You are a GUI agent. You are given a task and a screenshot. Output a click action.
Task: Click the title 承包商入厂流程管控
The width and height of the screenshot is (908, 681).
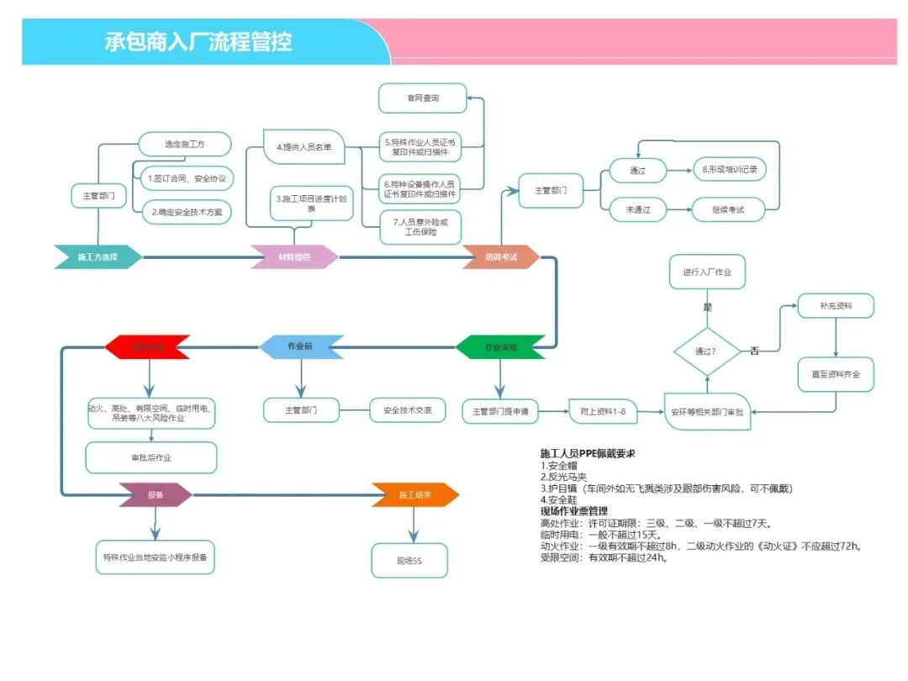point(198,41)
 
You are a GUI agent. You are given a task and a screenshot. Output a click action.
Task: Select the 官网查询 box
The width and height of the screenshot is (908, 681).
point(422,98)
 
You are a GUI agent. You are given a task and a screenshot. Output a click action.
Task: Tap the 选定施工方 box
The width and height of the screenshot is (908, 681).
point(185,145)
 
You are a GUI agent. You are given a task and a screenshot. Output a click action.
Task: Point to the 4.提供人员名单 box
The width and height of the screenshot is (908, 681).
point(304,147)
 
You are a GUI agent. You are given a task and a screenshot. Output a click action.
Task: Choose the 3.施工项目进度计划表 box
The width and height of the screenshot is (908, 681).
point(311,203)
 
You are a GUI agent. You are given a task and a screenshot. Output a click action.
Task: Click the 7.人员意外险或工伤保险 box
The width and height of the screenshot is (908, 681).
point(420,226)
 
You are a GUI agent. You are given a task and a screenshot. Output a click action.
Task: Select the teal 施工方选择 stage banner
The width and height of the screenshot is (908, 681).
point(98,256)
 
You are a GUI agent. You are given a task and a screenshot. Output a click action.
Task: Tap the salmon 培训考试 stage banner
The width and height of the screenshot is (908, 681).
point(501,256)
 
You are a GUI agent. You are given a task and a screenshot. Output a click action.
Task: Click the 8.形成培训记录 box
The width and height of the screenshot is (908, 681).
point(729,170)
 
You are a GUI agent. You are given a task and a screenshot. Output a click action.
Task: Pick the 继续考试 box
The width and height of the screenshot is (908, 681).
point(728,209)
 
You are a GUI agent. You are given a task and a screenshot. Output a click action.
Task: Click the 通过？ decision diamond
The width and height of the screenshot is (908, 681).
point(706,351)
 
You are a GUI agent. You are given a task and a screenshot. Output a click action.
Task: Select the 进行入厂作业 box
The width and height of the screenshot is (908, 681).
point(707,272)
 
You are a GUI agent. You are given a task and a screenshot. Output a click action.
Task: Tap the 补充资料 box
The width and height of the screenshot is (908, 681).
point(836,306)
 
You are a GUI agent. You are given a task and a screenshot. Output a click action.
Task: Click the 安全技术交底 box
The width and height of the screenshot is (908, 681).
point(408,410)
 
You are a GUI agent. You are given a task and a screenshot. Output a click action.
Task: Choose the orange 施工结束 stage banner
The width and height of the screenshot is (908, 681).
point(415,495)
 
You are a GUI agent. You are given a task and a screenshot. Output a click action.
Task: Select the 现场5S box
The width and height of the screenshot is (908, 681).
point(409,560)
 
